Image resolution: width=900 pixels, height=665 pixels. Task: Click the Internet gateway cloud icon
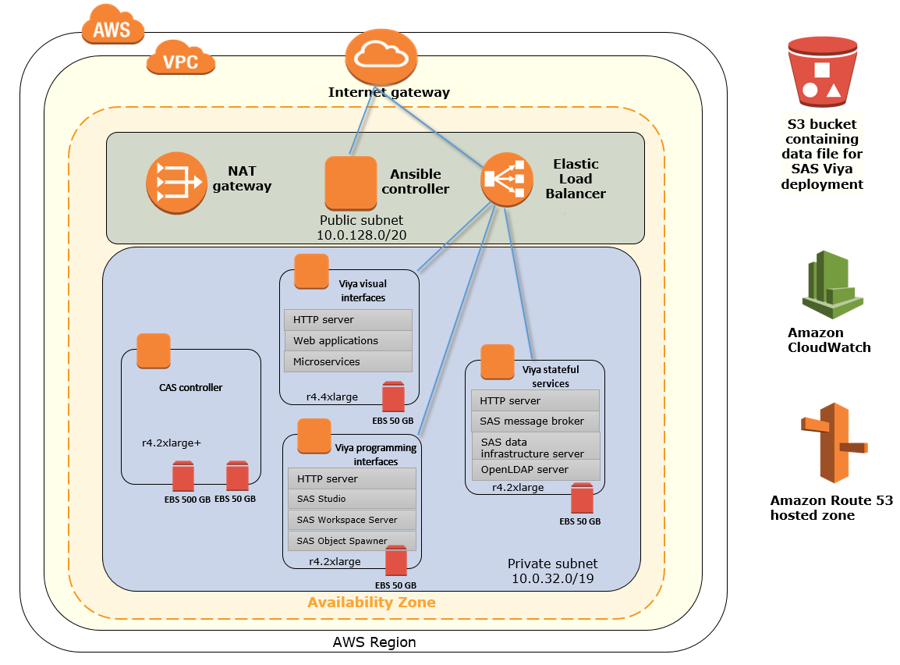378,55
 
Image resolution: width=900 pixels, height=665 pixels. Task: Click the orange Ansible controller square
350,183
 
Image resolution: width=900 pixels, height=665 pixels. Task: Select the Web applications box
348,341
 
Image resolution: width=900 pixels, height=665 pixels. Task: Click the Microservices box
348,362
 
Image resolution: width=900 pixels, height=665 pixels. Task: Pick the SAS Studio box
352,500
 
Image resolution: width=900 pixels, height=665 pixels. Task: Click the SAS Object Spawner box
352,540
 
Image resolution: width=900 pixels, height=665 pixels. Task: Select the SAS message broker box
536,421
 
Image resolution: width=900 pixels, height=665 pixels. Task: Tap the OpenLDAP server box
536,470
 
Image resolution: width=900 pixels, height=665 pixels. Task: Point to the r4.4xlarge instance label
331,397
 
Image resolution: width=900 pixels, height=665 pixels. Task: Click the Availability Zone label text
371,603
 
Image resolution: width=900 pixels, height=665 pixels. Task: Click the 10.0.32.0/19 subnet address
552,578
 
